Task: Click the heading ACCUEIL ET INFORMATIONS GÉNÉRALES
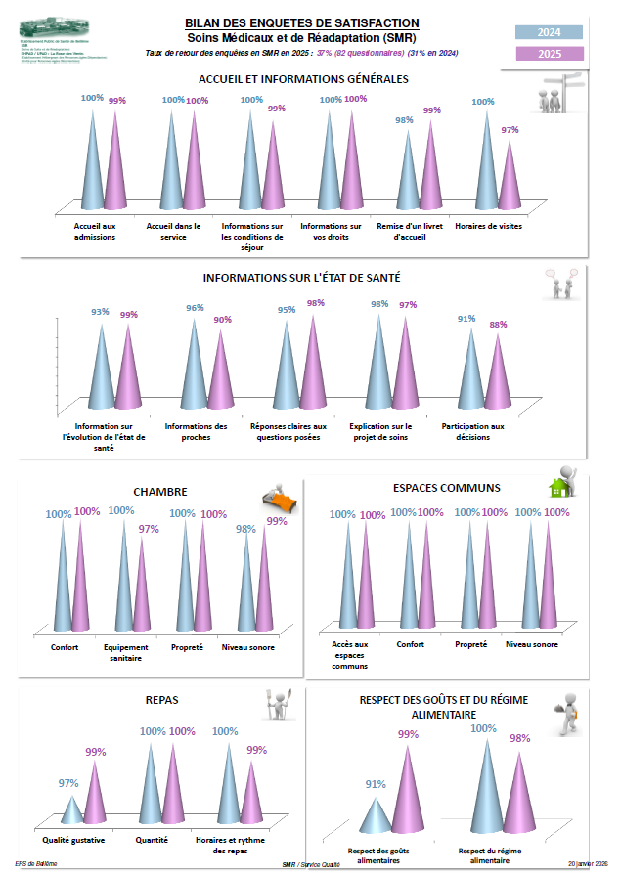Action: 302,78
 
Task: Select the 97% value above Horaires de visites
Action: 510,130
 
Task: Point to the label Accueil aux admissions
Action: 95,231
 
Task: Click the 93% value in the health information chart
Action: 100,312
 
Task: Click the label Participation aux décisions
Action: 472,431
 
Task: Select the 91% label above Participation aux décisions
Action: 466,318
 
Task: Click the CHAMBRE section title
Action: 159,492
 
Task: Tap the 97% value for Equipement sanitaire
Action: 148,529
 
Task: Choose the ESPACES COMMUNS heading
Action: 446,487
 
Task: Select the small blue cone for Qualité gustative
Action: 71,810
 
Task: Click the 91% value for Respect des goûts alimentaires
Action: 376,783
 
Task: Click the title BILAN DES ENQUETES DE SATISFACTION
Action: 302,22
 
